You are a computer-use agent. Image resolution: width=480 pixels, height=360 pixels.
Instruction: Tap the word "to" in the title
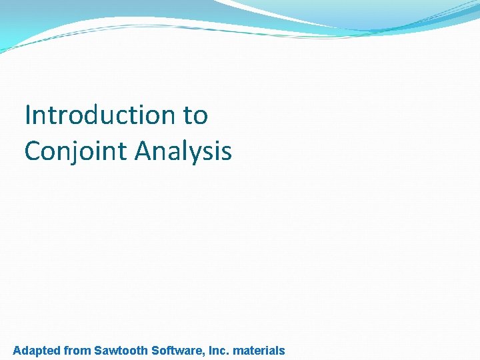pos(195,115)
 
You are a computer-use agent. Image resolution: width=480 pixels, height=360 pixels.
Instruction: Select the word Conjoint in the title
pos(75,151)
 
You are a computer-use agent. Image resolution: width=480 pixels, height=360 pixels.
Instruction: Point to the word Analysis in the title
pos(183,151)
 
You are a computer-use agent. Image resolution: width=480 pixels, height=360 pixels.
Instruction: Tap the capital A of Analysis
pos(143,151)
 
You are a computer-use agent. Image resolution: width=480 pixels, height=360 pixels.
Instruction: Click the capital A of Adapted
pos(17,350)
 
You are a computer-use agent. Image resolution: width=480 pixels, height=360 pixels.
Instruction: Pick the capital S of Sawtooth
pos(98,350)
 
